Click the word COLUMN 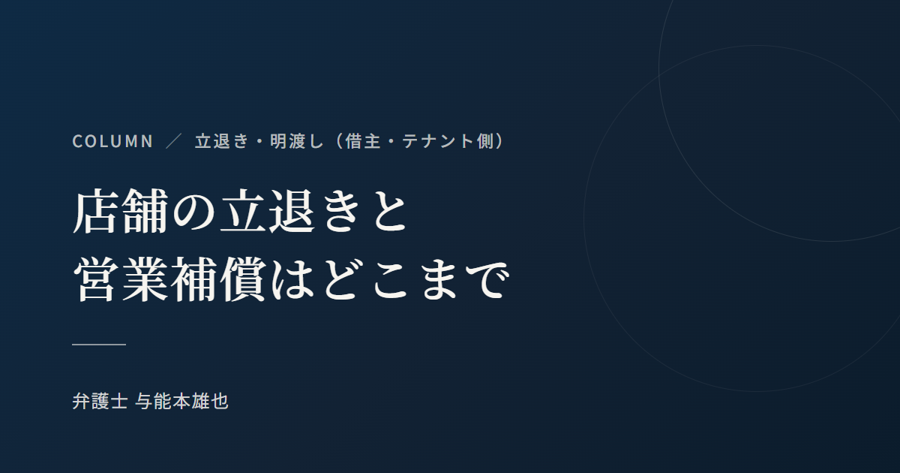(x=112, y=141)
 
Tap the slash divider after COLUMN (x=173, y=141)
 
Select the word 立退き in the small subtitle (x=222, y=141)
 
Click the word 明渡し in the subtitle (x=296, y=141)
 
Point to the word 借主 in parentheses (x=362, y=141)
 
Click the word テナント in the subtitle (x=438, y=141)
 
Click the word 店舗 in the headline (x=121, y=212)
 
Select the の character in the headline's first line (x=193, y=212)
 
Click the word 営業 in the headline (x=121, y=279)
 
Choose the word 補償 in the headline (x=218, y=279)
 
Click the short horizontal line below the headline (x=99, y=345)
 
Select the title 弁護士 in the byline (x=100, y=401)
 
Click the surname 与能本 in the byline (x=162, y=401)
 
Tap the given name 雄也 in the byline (x=210, y=401)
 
